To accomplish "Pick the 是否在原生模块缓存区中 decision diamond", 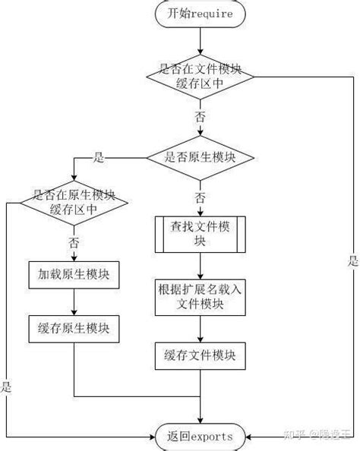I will click(74, 201).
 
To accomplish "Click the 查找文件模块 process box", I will click(201, 234).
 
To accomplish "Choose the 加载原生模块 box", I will click(74, 274).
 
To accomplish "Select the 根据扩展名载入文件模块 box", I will click(201, 296).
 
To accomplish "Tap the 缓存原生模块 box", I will click(74, 328).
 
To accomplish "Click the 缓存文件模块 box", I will click(201, 355).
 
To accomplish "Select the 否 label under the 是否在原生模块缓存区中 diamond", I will click(74, 243).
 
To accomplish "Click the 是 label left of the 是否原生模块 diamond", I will click(98, 158).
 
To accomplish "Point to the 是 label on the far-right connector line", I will click(351, 262).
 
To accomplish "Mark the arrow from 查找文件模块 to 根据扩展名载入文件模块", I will click(201, 266).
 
